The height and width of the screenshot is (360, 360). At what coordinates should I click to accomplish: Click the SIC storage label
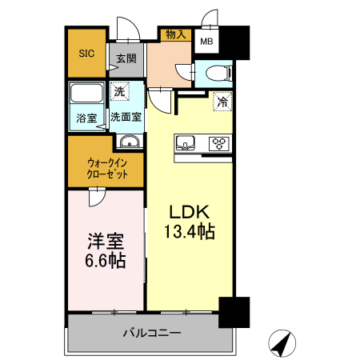tap(86, 54)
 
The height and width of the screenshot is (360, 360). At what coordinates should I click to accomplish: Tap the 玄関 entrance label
tap(126, 58)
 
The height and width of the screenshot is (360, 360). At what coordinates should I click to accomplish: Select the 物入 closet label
tap(175, 34)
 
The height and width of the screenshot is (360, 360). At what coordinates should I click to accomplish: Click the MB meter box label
tap(206, 42)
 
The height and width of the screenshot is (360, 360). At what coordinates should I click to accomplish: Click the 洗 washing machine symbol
tap(120, 92)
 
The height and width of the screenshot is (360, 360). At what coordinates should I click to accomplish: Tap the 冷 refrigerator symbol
tap(222, 102)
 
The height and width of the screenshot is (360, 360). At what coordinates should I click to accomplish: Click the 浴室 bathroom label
tap(86, 118)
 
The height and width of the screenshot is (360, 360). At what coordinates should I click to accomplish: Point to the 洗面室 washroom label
tap(126, 118)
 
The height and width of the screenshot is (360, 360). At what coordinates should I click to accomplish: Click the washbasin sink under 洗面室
tap(129, 142)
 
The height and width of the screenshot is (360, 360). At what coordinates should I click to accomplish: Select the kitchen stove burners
tap(218, 144)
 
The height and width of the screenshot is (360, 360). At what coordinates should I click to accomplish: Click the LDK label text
tap(188, 213)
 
